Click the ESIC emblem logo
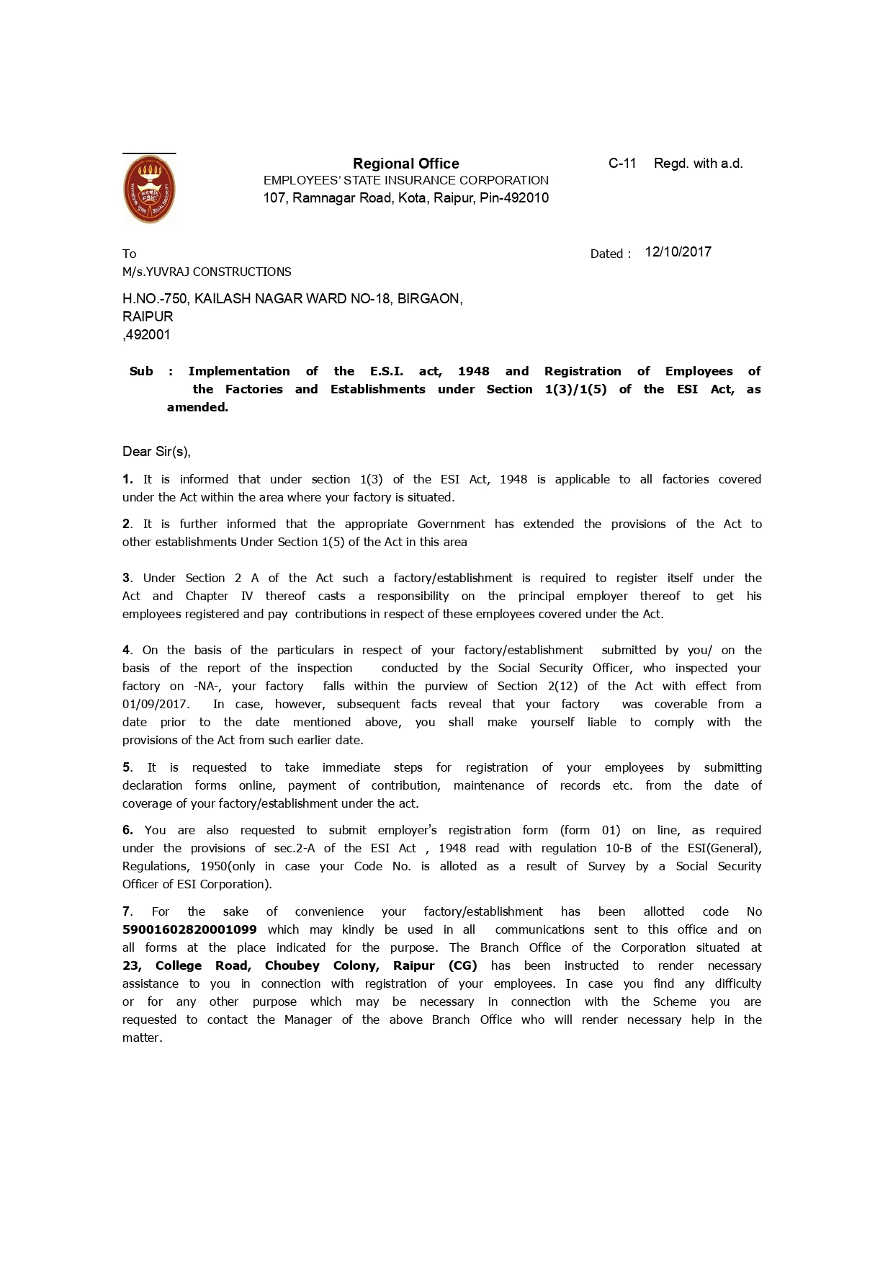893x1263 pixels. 150,190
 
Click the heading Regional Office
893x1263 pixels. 405,164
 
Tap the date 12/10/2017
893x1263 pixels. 678,251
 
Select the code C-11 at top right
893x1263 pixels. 622,164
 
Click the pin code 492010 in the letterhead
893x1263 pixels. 525,198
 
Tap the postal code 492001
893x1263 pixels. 148,334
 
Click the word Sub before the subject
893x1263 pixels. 141,371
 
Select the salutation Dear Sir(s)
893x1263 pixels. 156,452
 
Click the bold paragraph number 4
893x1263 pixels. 127,650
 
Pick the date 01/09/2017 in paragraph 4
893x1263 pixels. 155,704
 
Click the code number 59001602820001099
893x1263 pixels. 189,929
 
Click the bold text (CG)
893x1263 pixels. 462,965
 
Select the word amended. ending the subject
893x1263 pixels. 197,407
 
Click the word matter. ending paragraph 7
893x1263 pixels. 142,1037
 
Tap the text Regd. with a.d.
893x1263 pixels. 698,164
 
